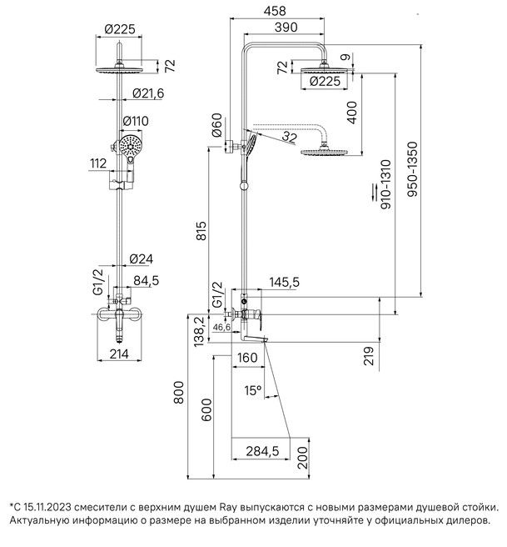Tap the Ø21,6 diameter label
tap(147, 93)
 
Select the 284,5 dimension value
tap(263, 451)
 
